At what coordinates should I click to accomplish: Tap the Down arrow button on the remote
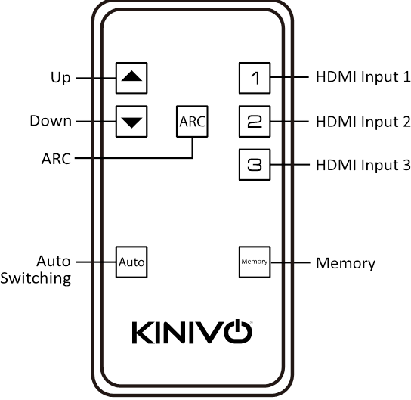point(131,122)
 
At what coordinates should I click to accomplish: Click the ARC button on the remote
point(192,122)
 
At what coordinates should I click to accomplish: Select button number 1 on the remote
point(255,78)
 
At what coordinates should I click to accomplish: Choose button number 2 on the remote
point(255,122)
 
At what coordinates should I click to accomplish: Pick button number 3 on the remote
point(255,165)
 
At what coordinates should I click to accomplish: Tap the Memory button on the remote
point(255,262)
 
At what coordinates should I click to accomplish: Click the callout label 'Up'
point(60,78)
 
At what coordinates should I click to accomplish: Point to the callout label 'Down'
point(51,121)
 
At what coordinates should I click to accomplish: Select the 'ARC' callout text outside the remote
point(56,159)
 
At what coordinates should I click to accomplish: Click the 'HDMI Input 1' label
point(363,77)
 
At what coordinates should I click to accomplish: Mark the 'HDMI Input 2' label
point(363,122)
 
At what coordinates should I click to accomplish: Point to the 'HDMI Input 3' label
point(363,166)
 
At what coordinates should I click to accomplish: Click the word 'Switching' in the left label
point(36,278)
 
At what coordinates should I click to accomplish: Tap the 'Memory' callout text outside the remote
point(346,264)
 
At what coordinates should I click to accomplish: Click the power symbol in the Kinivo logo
point(238,331)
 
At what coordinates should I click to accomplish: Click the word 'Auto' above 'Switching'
point(54,261)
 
